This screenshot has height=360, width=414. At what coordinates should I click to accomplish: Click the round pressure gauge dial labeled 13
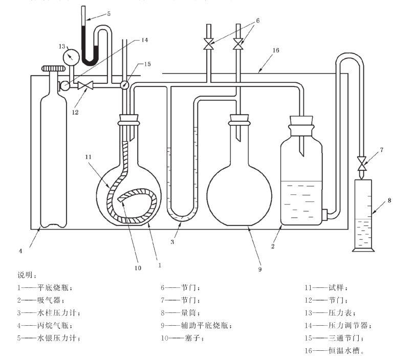coord(71,55)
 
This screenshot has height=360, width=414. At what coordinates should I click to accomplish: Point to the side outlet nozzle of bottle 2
coord(325,214)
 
